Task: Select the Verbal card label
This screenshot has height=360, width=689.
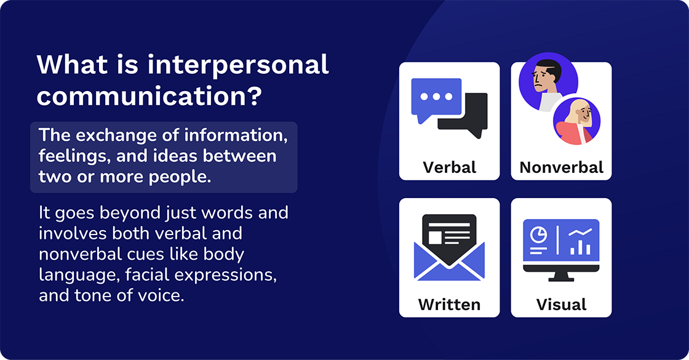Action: (x=449, y=167)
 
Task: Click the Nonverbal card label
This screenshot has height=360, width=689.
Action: (x=561, y=167)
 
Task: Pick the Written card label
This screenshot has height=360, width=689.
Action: (x=449, y=304)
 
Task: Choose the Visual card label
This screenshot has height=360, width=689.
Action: (x=561, y=304)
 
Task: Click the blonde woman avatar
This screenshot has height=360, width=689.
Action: (x=576, y=121)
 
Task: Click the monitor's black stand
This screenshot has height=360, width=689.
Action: (x=561, y=276)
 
